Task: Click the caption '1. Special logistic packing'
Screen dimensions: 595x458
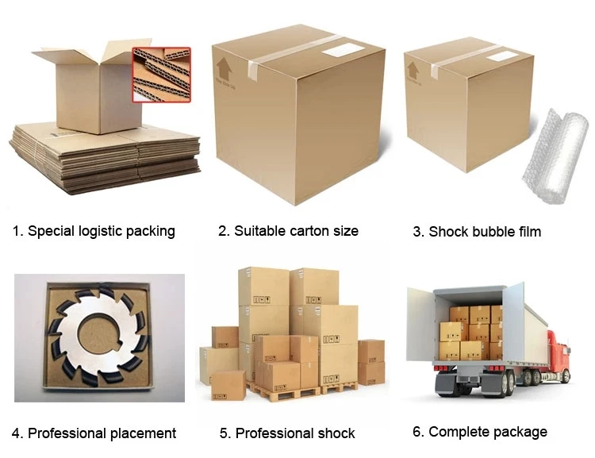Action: (94, 231)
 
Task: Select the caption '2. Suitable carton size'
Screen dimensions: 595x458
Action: (288, 231)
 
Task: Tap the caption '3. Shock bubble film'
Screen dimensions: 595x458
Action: (477, 232)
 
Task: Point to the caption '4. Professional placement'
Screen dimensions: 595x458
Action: (94, 433)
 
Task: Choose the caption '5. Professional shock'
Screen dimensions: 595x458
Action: (287, 433)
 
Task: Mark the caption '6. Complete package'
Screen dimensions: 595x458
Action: (479, 432)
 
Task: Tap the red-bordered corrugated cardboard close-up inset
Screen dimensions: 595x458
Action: (161, 74)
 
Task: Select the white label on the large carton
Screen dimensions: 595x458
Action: (343, 49)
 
